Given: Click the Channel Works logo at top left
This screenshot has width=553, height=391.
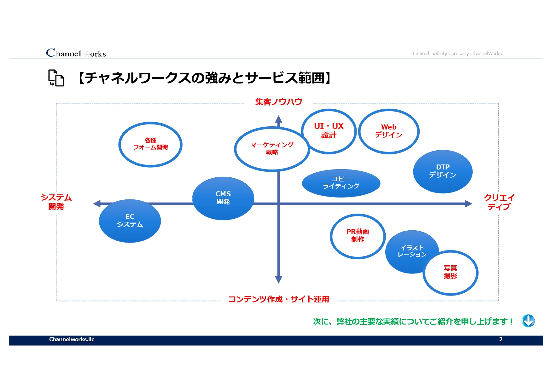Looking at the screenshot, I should point(76,53).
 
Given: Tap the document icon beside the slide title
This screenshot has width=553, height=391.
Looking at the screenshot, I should point(56,78).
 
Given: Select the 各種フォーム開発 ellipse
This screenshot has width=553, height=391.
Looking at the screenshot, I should point(150,144).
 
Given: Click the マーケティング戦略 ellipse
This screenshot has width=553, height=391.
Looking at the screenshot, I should point(272,149).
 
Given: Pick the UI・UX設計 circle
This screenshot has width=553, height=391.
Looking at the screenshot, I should point(329,131).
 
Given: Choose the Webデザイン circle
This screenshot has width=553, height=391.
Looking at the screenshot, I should point(389,131).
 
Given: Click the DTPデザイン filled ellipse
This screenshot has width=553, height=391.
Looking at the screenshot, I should point(443,171).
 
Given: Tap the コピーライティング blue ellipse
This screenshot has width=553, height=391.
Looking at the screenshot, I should point(341,183).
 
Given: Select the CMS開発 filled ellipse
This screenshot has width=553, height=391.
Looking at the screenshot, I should point(223,198).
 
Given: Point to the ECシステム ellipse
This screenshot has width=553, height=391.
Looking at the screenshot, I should point(130,221).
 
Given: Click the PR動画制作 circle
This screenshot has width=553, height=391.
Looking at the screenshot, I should point(358,236).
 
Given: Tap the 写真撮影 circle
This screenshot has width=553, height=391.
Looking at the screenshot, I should point(450,273).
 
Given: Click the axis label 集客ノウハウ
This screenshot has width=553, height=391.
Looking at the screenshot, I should point(279,102).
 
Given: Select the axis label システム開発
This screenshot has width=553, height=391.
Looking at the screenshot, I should point(56,202).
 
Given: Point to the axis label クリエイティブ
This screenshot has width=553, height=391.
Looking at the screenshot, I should point(499,202).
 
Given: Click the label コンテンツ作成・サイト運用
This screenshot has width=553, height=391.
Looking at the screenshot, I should point(279,299).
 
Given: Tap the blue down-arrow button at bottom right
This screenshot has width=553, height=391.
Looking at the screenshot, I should point(528,321).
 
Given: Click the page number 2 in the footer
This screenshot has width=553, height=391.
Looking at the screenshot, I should point(501,339).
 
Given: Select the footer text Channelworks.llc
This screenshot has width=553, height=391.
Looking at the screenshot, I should point(72,339).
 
